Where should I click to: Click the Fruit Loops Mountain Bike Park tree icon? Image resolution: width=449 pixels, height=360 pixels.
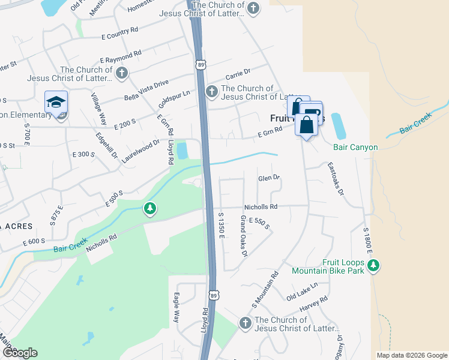373,265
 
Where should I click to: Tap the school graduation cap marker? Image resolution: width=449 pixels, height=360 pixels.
56,102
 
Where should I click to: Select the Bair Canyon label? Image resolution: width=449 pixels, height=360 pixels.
355,147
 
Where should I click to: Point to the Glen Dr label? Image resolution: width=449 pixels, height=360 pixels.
269,178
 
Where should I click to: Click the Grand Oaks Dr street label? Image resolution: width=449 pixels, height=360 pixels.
244,236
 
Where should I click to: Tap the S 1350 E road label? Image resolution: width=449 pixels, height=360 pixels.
221,224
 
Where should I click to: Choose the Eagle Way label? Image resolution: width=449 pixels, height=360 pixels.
176,308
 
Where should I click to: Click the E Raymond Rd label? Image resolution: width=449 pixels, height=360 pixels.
121,57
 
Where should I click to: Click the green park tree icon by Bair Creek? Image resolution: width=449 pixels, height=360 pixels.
149,209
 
